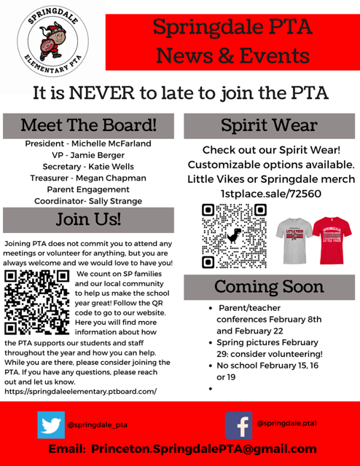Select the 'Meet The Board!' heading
[88, 125]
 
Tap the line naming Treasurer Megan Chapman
[88, 178]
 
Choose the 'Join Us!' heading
[89, 219]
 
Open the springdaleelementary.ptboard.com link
[80, 392]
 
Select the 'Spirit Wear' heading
[270, 125]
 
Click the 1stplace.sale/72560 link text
[270, 194]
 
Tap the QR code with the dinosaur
[234, 236]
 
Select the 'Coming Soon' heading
[270, 285]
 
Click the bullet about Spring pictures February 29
[269, 348]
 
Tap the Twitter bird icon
[51, 424]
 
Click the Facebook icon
[238, 424]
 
